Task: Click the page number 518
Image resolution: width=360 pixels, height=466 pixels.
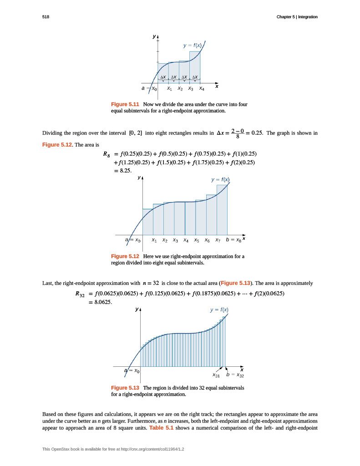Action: pos(45,17)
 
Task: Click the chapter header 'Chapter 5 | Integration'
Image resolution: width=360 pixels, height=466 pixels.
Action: pos(297,17)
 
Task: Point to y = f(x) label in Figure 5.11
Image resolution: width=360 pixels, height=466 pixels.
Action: pos(192,45)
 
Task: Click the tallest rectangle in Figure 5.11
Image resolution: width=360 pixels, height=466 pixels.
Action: pos(195,66)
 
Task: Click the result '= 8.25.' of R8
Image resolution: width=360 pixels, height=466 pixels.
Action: pos(123,171)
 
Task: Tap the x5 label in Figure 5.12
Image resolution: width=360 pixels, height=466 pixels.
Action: pos(196,240)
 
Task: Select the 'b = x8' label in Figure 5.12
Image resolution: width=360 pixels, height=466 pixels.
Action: pos(233,239)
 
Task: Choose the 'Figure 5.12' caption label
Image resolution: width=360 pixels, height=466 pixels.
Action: pos(125,256)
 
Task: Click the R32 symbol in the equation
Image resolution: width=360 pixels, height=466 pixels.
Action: pos(80,294)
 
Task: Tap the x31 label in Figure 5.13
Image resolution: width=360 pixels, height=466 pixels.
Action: pos(216,376)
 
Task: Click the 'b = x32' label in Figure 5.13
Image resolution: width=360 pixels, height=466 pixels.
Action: pos(236,375)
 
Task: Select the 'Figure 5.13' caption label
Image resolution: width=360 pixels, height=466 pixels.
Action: pos(125,388)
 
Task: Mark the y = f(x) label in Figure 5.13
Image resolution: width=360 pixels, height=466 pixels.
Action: pos(219,310)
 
